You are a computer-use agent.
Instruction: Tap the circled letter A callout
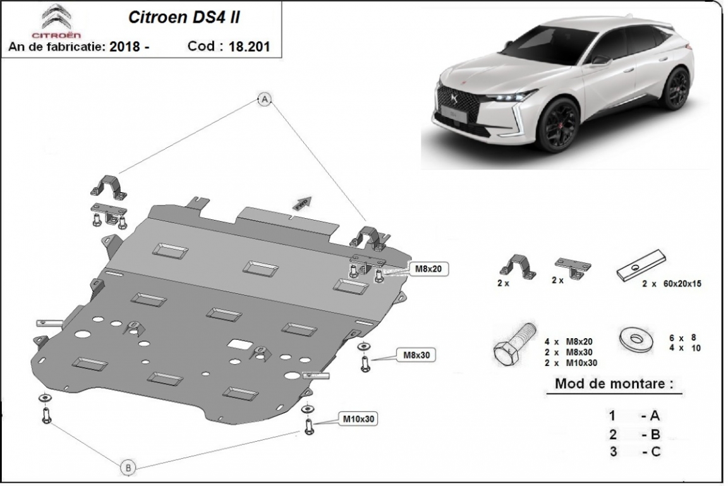click(x=265, y=99)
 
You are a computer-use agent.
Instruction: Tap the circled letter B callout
click(x=128, y=468)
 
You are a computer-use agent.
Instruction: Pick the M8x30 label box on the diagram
click(x=417, y=355)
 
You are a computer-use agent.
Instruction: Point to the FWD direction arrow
click(x=302, y=202)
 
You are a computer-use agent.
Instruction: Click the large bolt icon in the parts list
click(x=513, y=346)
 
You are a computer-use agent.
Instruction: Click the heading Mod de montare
click(x=613, y=384)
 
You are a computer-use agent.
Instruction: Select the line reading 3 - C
click(x=634, y=451)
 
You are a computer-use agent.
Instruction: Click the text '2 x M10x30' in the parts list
click(x=571, y=362)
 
